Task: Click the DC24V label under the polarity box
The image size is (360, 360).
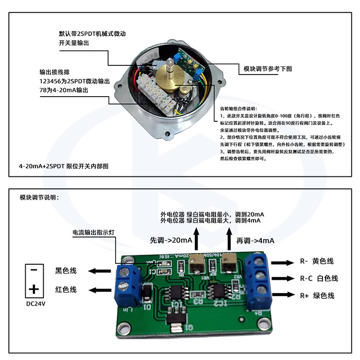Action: click(x=35, y=303)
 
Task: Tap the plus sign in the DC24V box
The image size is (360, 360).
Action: click(x=34, y=288)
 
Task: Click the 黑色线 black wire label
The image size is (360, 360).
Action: click(x=66, y=271)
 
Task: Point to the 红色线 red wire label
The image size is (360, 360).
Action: click(x=66, y=290)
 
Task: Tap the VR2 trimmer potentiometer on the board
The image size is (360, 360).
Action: click(x=228, y=266)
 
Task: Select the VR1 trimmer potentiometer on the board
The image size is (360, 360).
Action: click(x=196, y=266)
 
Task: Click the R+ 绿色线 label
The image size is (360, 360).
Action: click(x=317, y=296)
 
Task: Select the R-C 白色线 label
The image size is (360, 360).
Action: click(x=319, y=278)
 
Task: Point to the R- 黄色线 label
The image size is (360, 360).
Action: click(x=317, y=261)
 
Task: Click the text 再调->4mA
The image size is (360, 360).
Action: click(x=255, y=240)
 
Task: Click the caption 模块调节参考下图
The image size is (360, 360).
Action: click(x=267, y=68)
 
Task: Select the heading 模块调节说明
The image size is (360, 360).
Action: click(x=39, y=197)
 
